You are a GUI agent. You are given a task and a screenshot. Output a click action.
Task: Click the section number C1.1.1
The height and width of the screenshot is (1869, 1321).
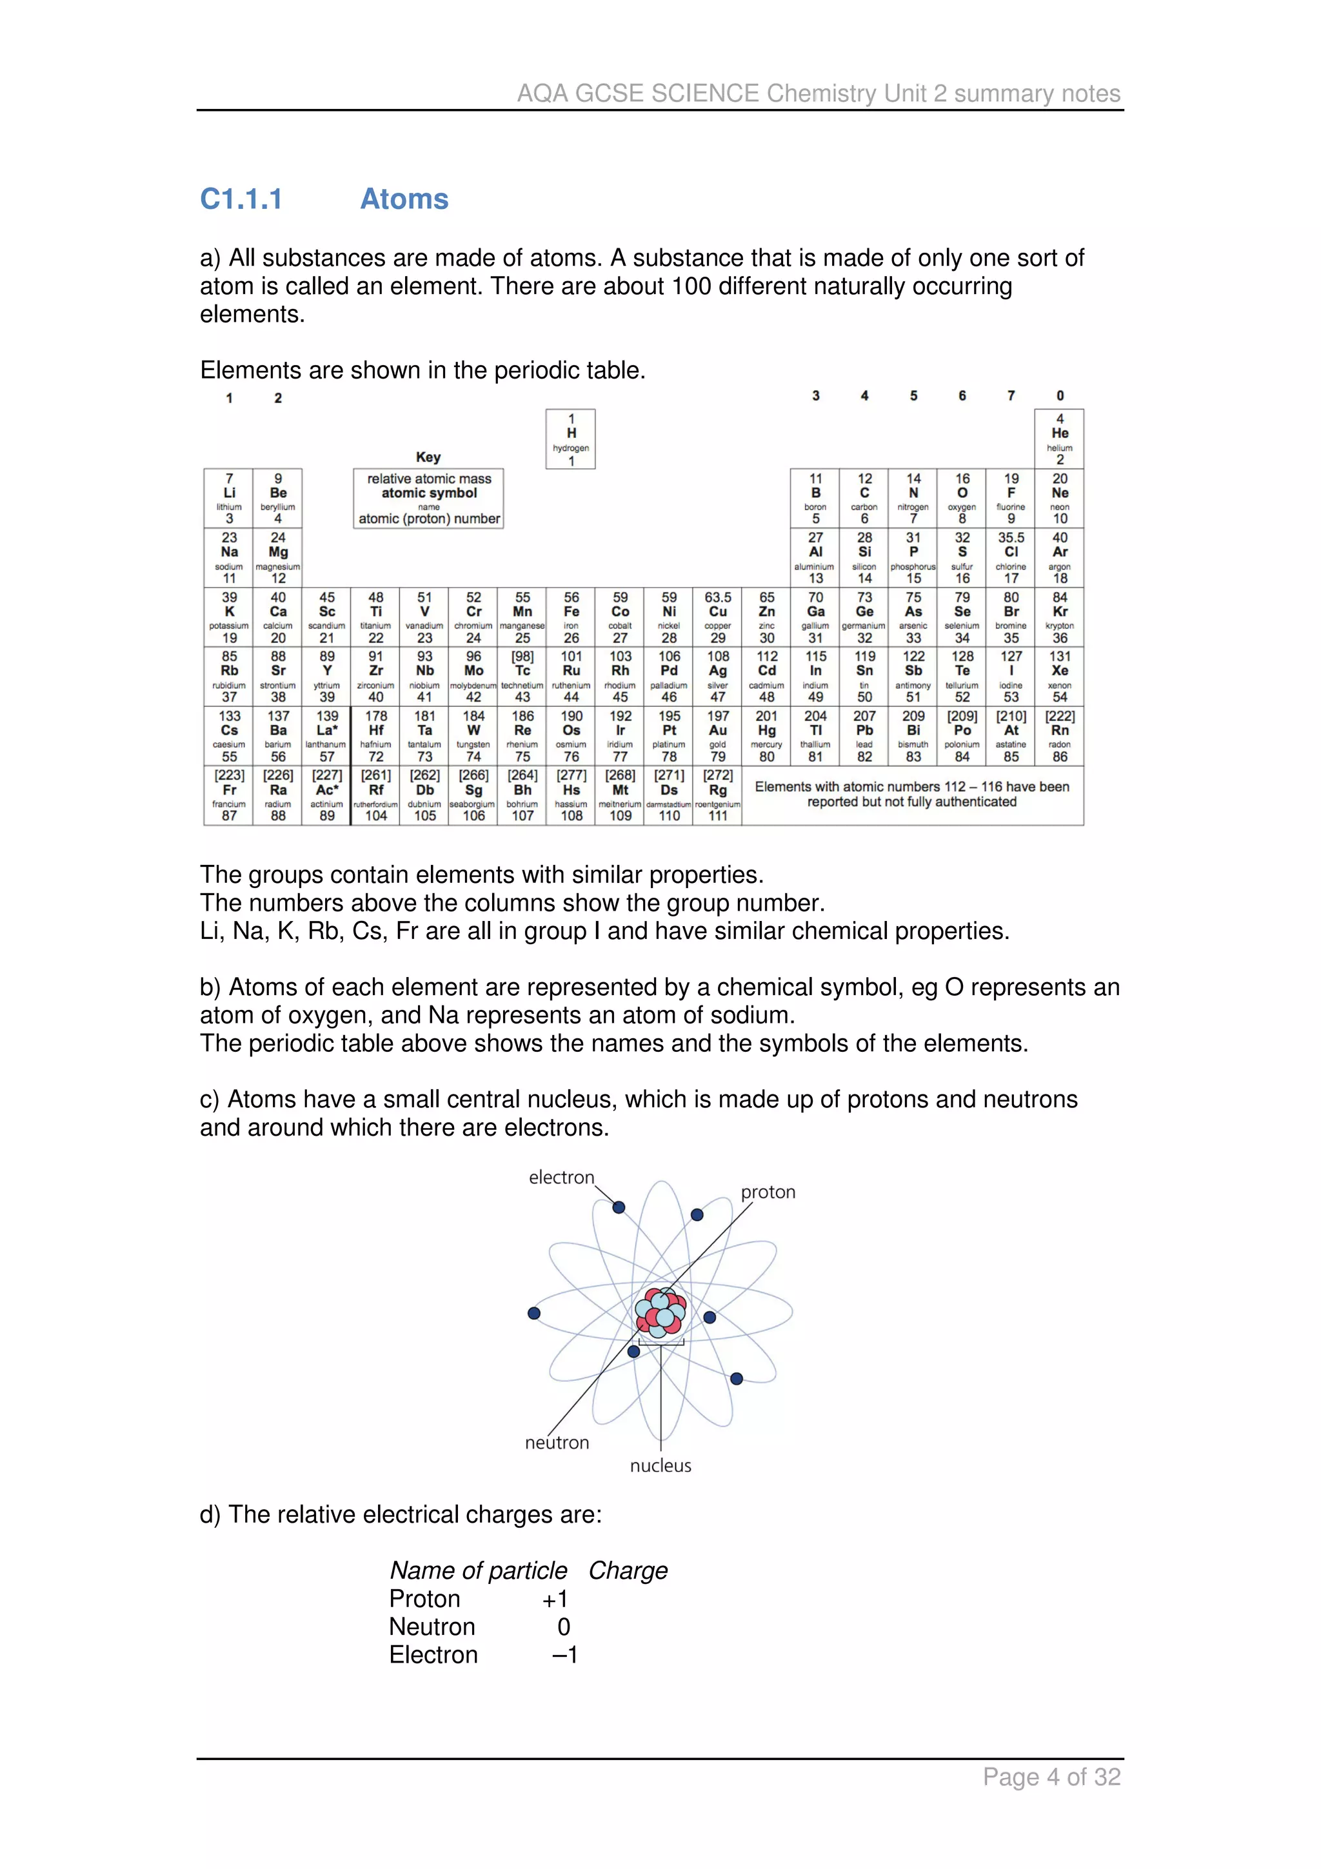[x=241, y=199]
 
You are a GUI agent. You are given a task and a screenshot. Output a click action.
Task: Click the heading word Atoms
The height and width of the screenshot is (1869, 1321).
[x=404, y=199]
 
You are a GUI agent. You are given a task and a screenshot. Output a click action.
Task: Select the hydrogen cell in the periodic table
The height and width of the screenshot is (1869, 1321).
[x=571, y=439]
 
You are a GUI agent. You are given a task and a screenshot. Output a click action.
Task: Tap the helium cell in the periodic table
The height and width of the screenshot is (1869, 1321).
[x=1059, y=439]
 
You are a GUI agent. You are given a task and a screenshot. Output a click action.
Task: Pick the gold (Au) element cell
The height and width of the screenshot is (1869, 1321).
[x=717, y=736]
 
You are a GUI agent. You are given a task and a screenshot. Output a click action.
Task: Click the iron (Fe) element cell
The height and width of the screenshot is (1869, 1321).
[x=571, y=617]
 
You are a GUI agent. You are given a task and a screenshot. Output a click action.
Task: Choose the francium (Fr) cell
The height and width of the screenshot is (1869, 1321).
[x=229, y=795]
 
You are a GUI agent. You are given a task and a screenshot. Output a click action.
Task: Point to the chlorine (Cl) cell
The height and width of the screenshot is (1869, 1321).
[x=1011, y=558]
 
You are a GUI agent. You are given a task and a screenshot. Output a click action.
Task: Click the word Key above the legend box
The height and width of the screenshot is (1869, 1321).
[x=428, y=457]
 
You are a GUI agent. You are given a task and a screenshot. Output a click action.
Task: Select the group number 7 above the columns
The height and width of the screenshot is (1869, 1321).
[x=1011, y=395]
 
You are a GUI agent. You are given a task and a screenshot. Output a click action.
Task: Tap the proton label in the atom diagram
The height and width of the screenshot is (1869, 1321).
[x=768, y=1192]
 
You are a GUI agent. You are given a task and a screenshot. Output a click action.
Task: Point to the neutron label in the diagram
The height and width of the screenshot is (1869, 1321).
[x=557, y=1443]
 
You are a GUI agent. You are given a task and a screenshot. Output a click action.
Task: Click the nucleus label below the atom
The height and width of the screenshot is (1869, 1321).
[x=660, y=1465]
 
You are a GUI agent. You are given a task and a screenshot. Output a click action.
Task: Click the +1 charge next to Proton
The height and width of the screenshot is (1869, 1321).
[x=555, y=1599]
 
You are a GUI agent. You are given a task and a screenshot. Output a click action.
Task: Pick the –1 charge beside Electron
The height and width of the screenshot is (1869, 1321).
[x=565, y=1655]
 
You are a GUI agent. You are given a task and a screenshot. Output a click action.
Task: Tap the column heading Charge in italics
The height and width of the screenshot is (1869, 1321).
[x=628, y=1570]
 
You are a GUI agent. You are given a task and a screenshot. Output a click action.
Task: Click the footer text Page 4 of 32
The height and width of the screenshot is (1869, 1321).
[x=1051, y=1776]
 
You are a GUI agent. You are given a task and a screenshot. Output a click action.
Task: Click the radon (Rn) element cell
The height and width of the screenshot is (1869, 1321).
[x=1059, y=736]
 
